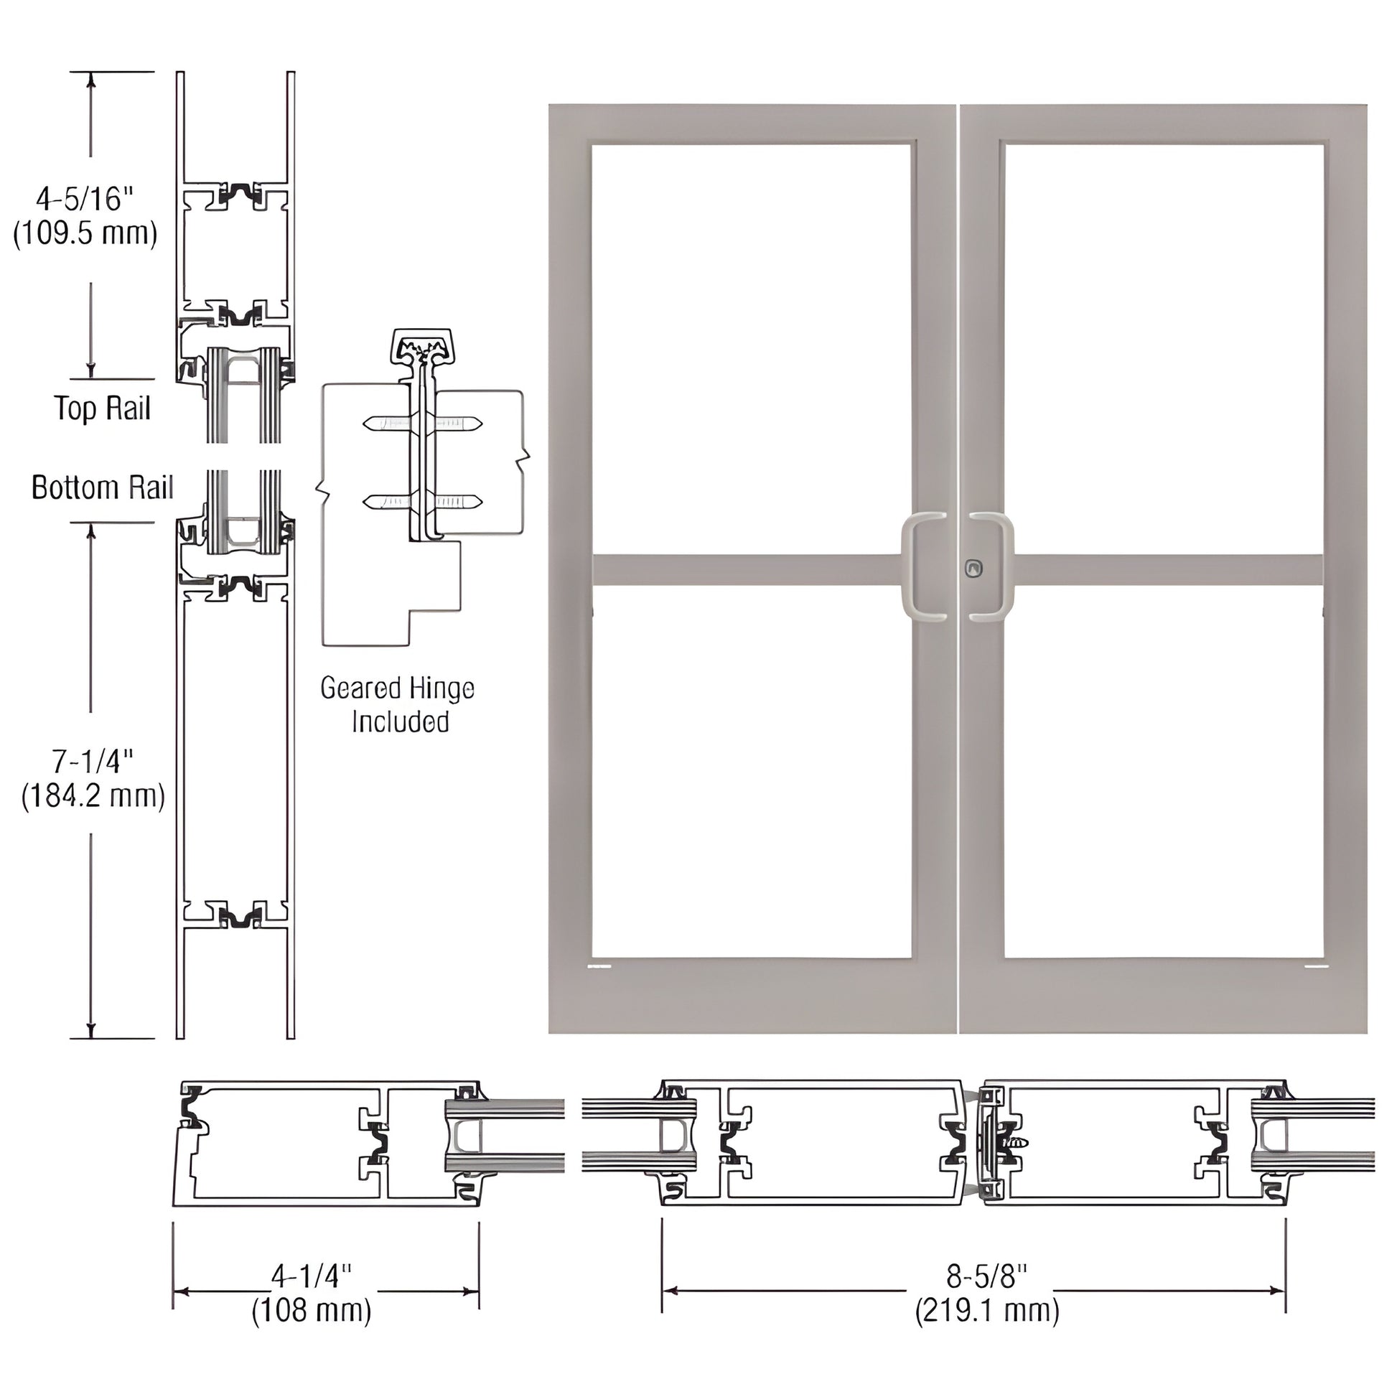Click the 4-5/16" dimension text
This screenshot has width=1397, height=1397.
click(x=85, y=199)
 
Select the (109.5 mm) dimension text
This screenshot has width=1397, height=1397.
click(x=85, y=233)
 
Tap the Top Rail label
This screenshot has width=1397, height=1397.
click(x=103, y=408)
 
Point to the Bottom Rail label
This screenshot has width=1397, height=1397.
click(x=103, y=488)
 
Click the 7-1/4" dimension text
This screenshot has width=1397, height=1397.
click(x=93, y=762)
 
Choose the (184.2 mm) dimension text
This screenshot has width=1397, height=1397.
click(x=93, y=796)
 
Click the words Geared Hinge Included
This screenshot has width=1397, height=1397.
click(x=397, y=704)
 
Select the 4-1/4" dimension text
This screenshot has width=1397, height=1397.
click(x=312, y=1277)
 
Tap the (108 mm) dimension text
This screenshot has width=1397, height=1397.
click(x=312, y=1310)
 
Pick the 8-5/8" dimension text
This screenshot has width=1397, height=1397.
click(x=987, y=1277)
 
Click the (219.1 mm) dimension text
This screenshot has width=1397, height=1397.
click(x=987, y=1310)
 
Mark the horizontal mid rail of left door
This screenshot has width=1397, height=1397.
click(x=744, y=569)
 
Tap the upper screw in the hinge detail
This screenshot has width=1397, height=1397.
click(x=423, y=423)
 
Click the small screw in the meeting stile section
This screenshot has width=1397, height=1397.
click(x=1020, y=1143)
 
